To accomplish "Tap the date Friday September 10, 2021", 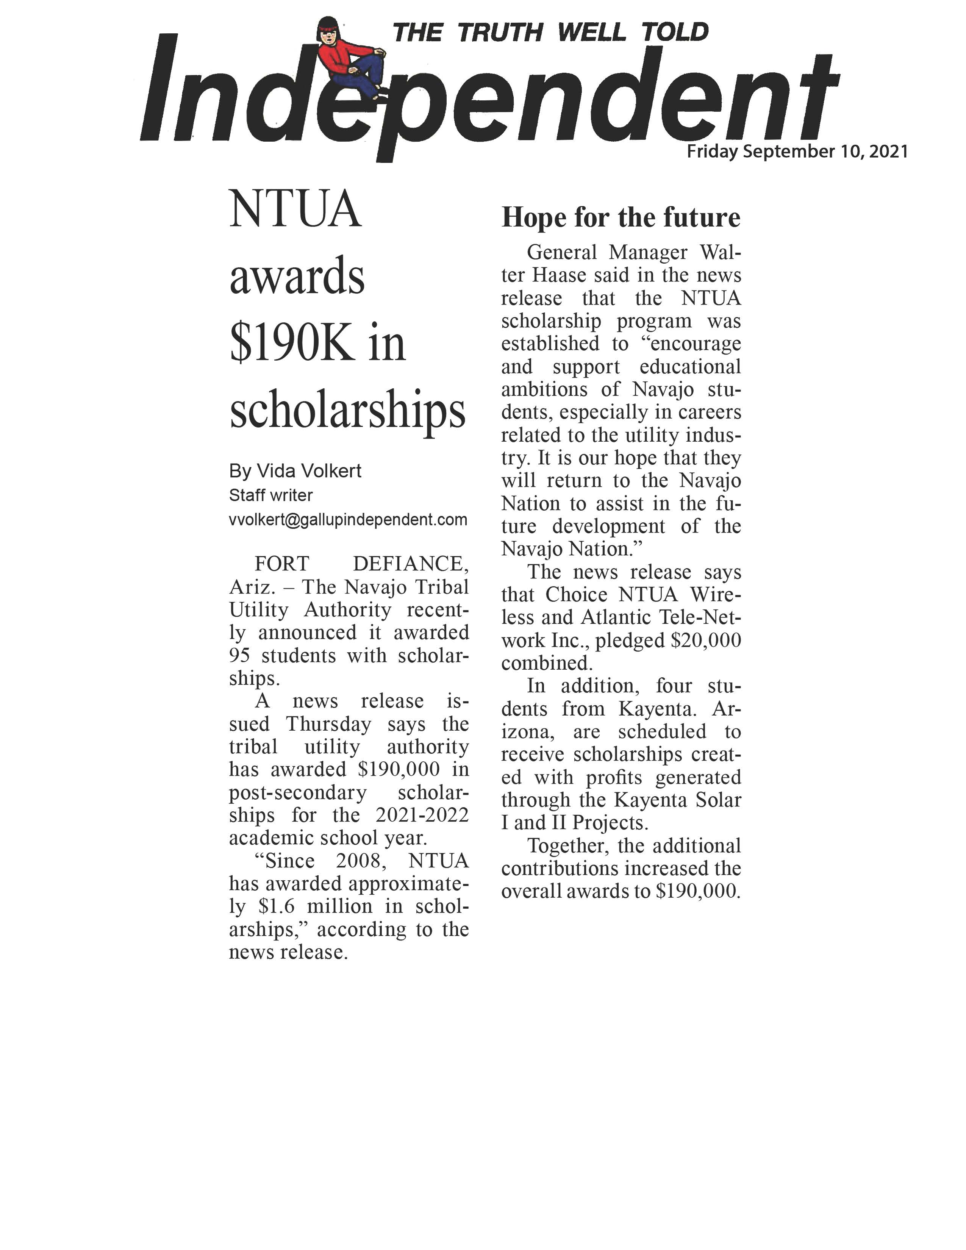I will tap(797, 152).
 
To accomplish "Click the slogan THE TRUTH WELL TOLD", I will tap(550, 33).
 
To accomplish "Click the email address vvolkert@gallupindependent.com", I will tap(348, 520).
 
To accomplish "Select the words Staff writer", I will tap(271, 495).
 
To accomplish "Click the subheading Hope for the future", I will tap(621, 217).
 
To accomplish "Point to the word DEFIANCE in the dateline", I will tap(410, 564).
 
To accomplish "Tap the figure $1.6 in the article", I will tap(277, 906).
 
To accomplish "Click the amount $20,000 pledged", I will tap(706, 641).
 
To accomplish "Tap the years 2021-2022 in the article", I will tap(422, 815).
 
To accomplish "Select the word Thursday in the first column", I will tap(328, 724).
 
